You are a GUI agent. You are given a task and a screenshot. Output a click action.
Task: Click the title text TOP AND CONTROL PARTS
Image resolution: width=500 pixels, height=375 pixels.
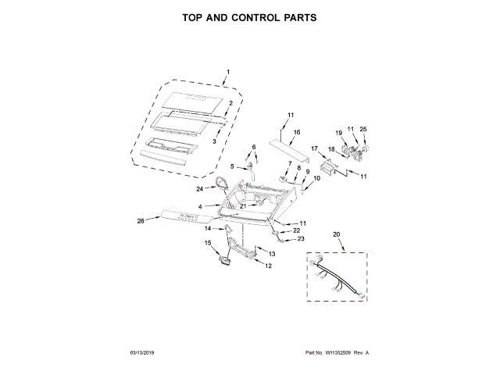click(249, 17)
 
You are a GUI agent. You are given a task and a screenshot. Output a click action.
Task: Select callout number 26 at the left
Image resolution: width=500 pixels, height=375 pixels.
click(141, 221)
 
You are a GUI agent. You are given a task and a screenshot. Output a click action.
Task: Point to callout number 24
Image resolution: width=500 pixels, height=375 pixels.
click(200, 189)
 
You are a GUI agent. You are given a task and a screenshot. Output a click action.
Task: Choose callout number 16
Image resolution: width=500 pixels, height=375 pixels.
click(296, 133)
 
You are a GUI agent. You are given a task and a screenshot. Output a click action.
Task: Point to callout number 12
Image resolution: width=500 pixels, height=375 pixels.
click(268, 266)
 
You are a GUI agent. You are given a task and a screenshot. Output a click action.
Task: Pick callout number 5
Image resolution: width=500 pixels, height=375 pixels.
click(231, 166)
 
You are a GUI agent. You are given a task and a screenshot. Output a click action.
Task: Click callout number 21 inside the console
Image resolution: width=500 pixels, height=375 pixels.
click(243, 206)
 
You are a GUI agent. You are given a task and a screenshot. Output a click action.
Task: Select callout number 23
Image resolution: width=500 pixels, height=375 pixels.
click(300, 239)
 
